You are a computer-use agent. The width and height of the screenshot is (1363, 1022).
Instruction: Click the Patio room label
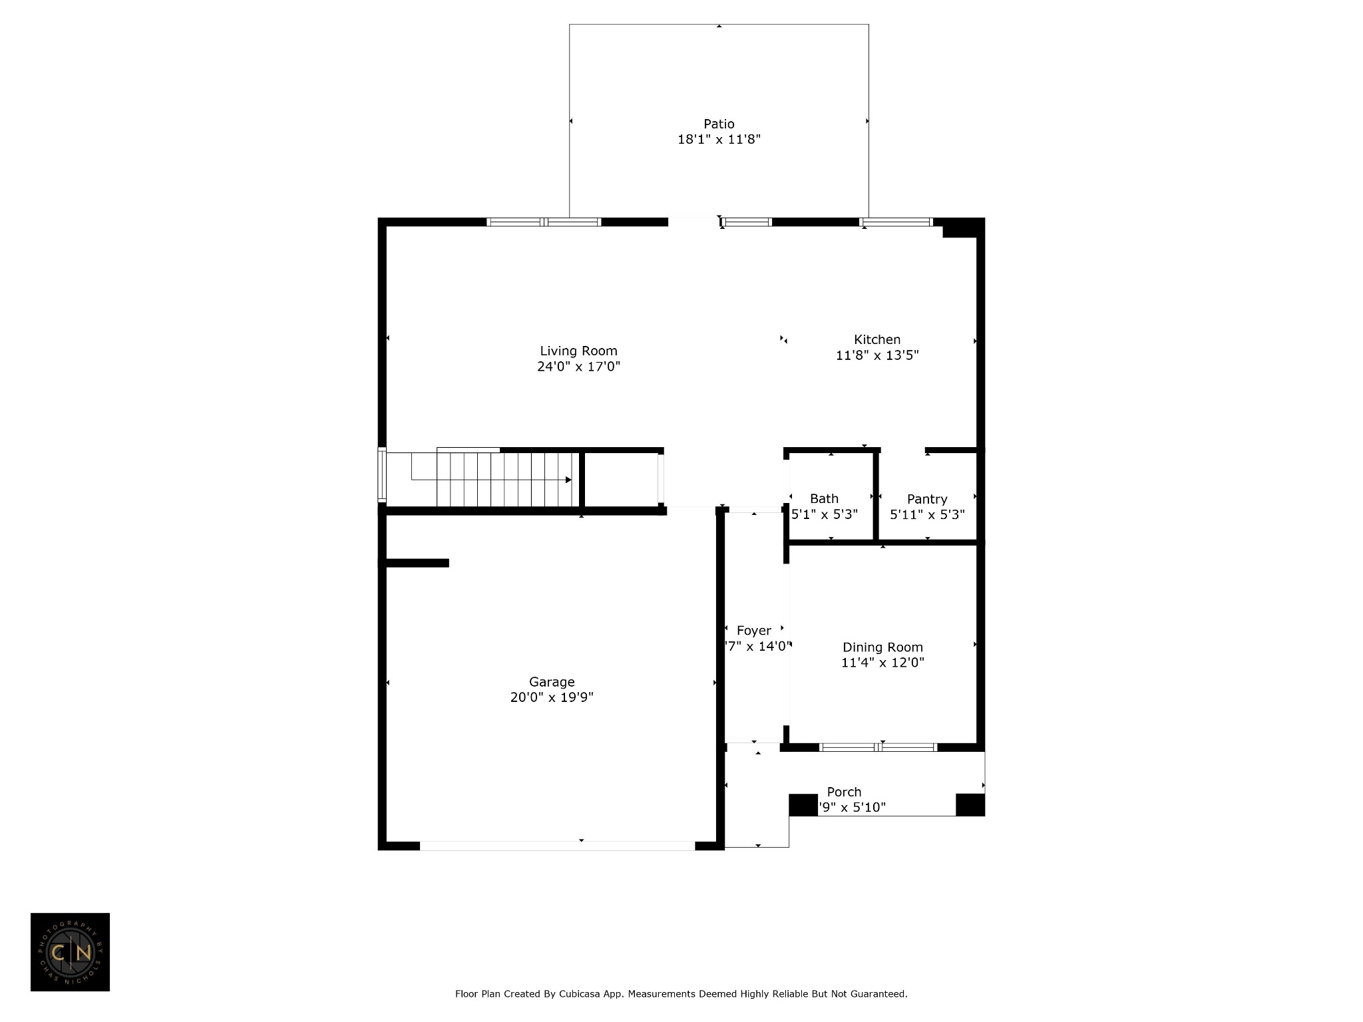pyautogui.click(x=719, y=124)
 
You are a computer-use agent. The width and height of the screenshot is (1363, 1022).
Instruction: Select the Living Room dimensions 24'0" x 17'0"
pyautogui.click(x=578, y=367)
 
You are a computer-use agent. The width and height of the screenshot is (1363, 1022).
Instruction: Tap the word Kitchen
pyautogui.click(x=877, y=339)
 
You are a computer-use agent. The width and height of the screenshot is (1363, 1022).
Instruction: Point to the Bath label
pyautogui.click(x=824, y=498)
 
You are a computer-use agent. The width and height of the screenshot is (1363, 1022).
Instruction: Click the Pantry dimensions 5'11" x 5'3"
pyautogui.click(x=927, y=514)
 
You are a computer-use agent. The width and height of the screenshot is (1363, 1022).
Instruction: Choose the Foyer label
pyautogui.click(x=753, y=630)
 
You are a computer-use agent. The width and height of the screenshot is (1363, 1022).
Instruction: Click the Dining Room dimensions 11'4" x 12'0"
pyautogui.click(x=882, y=663)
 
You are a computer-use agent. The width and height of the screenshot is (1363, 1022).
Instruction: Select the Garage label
pyautogui.click(x=552, y=681)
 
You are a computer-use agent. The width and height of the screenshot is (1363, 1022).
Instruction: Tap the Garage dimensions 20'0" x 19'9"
pyautogui.click(x=552, y=697)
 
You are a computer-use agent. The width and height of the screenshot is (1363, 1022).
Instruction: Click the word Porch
pyautogui.click(x=844, y=792)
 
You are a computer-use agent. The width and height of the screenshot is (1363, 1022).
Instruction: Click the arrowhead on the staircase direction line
pyautogui.click(x=568, y=480)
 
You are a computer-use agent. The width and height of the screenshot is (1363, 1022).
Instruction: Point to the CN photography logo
pyautogui.click(x=70, y=952)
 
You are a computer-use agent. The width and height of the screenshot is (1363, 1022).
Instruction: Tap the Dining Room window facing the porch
pyautogui.click(x=878, y=747)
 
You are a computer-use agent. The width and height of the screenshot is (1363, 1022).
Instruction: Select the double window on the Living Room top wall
pyautogui.click(x=544, y=222)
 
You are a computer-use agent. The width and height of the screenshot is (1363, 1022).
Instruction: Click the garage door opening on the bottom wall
pyautogui.click(x=557, y=846)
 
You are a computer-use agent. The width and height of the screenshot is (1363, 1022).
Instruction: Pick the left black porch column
pyautogui.click(x=803, y=805)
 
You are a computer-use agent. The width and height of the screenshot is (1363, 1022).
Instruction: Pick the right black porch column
pyautogui.click(x=970, y=805)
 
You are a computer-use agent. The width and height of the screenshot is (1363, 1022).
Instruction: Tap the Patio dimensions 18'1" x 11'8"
pyautogui.click(x=719, y=140)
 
